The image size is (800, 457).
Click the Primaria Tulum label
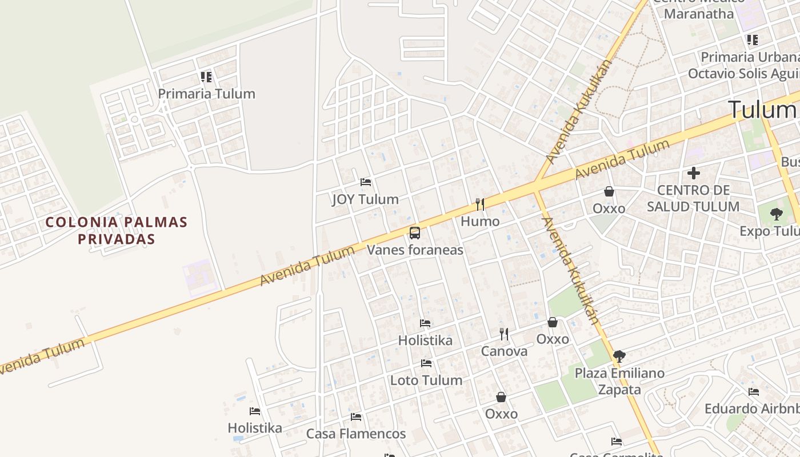coord(206,94)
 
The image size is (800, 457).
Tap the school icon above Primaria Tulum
coord(206,77)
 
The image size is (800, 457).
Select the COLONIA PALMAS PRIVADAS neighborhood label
coord(117,230)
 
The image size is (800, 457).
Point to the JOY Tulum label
coord(365,199)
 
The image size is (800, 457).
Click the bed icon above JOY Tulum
coord(366,183)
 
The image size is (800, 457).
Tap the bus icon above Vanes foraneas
coord(415,233)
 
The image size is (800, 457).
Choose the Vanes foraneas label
coord(415,250)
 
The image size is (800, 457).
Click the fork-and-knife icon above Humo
coord(480,205)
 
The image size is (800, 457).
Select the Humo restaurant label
coord(480,221)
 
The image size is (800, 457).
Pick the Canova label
coord(504,351)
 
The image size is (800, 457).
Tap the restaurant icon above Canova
coord(504,334)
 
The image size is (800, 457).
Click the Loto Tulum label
coord(426,380)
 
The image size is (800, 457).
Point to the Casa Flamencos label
coord(356,434)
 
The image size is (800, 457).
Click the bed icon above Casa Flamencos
coord(356,417)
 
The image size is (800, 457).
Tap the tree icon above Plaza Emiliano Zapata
coord(619,356)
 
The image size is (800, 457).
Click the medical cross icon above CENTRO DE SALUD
coord(694,173)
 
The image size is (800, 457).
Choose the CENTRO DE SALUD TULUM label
coord(693,198)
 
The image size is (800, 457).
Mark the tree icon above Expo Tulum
coord(776,214)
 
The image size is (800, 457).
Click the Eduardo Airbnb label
coord(751,409)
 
